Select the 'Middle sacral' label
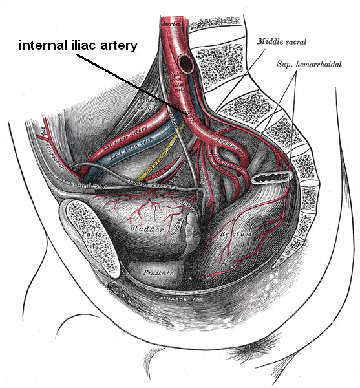(x=282, y=42)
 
